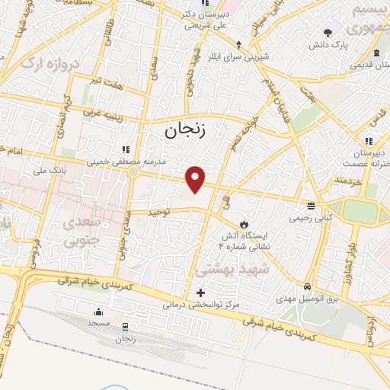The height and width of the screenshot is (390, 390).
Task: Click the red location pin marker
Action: tap(196, 180)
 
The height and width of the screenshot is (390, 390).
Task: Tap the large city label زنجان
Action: tap(185, 131)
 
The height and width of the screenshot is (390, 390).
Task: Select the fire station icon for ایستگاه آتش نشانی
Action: tap(244, 224)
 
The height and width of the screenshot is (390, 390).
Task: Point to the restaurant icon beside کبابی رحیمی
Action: tap(311, 206)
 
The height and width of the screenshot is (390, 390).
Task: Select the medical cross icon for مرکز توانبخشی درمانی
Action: tap(200, 292)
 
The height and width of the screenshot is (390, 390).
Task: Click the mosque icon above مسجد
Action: tap(98, 312)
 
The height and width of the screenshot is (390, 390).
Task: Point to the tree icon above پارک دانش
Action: tap(328, 32)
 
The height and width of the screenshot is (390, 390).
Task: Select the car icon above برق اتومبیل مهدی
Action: tap(307, 287)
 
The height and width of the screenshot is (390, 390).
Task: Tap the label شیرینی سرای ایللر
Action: tap(239, 55)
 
